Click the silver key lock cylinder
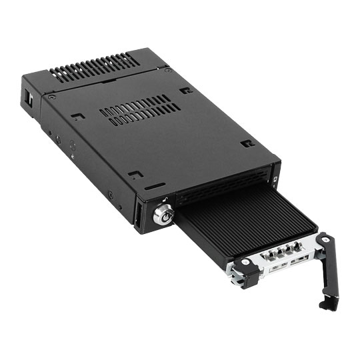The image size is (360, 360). pos(164,217)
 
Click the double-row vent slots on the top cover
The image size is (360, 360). pos(140,109)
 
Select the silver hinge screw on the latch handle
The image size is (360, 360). pos(325,239)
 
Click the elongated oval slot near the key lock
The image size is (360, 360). pos(155,186)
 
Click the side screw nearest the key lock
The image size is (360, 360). pos(111,194)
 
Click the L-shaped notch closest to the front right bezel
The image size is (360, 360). pos(248,143)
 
